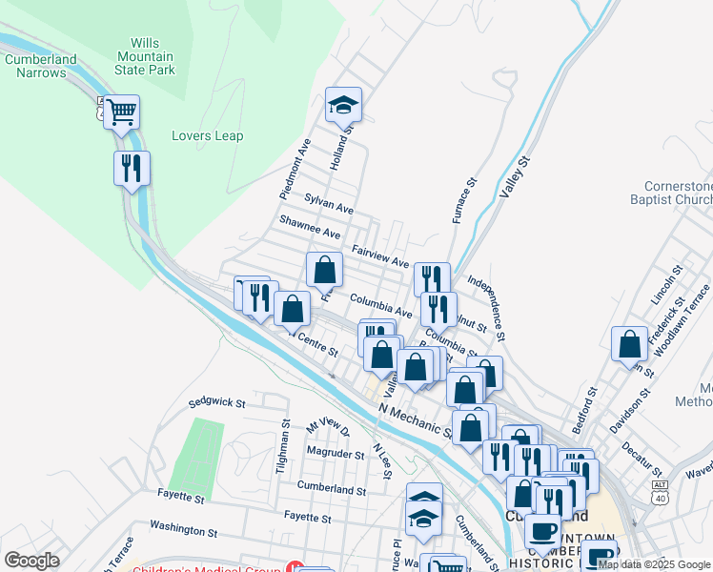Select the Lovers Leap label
point(207,135)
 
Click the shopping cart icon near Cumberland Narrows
point(121,112)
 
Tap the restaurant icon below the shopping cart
point(132,169)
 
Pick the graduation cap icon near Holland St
point(344,105)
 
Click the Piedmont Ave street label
point(295,169)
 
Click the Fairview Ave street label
point(379,255)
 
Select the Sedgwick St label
point(217,403)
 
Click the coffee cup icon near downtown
point(541,531)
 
